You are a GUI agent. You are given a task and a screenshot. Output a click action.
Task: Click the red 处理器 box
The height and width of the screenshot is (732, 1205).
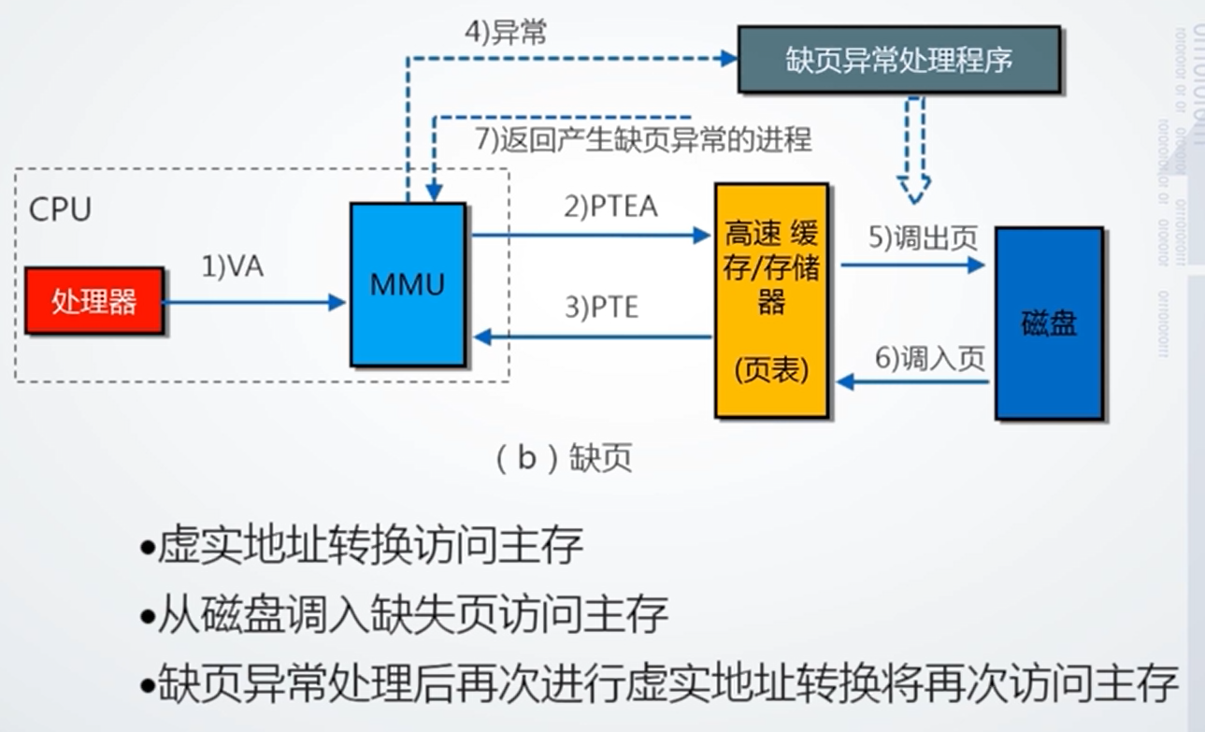(94, 301)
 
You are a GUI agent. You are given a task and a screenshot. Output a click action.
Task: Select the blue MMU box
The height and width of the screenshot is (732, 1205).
(408, 284)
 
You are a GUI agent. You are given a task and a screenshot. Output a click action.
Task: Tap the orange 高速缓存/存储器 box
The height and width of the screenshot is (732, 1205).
(771, 299)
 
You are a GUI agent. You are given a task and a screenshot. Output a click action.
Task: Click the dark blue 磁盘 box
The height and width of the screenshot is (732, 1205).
(1049, 323)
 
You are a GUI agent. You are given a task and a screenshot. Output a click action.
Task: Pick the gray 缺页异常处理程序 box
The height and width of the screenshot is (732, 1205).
(898, 60)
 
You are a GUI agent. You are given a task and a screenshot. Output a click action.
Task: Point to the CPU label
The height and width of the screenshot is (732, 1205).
(61, 209)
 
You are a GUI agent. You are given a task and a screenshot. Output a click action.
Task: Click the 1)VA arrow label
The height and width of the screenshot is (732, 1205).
(233, 267)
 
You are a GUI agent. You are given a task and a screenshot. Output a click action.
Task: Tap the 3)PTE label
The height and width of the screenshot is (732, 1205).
(601, 308)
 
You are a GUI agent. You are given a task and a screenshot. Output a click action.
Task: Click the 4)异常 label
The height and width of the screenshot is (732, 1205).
(506, 32)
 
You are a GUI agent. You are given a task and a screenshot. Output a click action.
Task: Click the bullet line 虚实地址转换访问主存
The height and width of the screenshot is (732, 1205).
(363, 546)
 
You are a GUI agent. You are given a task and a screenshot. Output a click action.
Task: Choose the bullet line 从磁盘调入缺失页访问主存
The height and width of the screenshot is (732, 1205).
(405, 615)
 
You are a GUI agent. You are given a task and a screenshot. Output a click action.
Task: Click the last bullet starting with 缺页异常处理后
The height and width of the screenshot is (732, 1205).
(659, 684)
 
